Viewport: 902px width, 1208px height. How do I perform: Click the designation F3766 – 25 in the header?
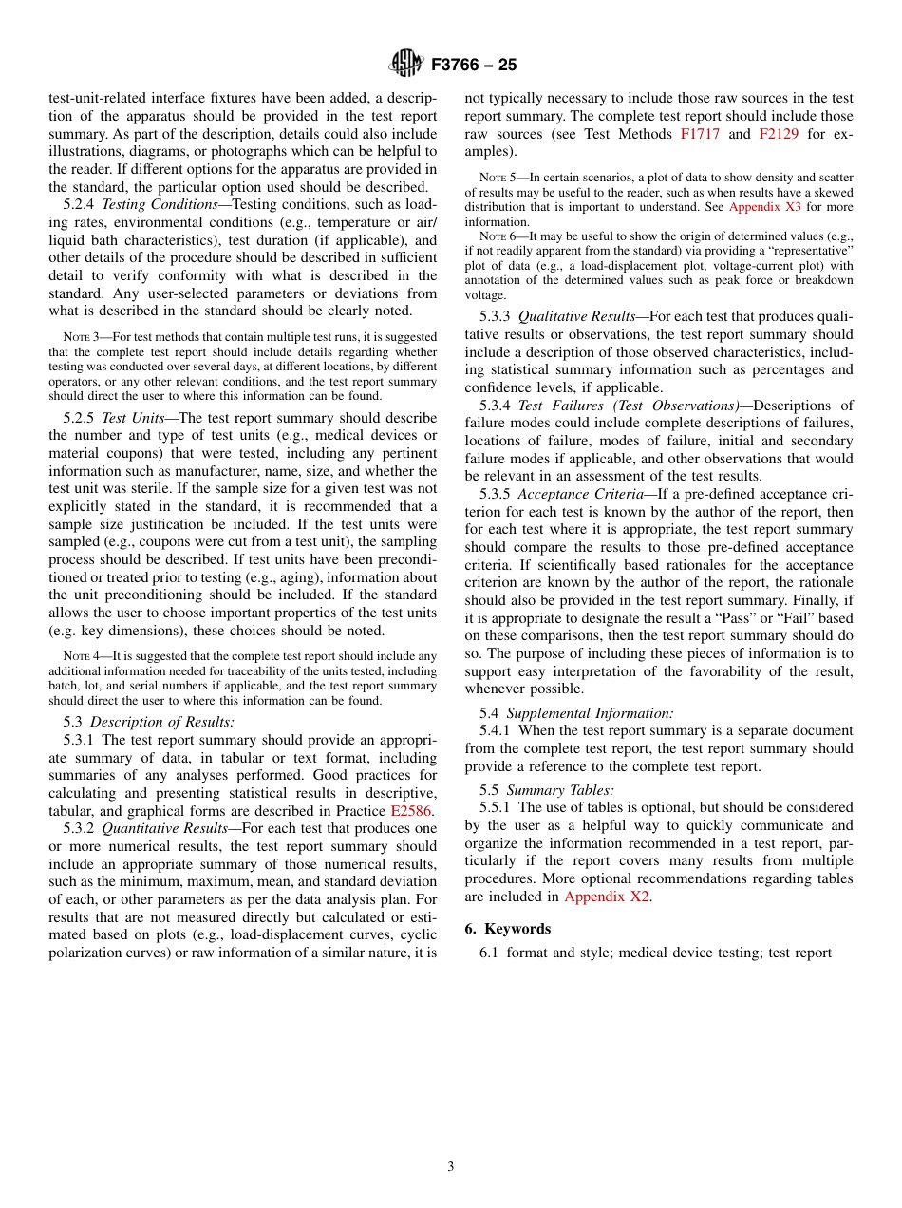[474, 66]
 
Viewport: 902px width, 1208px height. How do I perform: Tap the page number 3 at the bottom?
[451, 1167]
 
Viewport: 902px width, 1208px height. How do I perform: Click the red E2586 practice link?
[411, 810]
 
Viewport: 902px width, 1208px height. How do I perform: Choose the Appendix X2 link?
[607, 897]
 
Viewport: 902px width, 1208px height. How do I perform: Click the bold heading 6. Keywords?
[508, 929]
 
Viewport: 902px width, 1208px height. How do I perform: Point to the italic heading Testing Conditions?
[159, 205]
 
